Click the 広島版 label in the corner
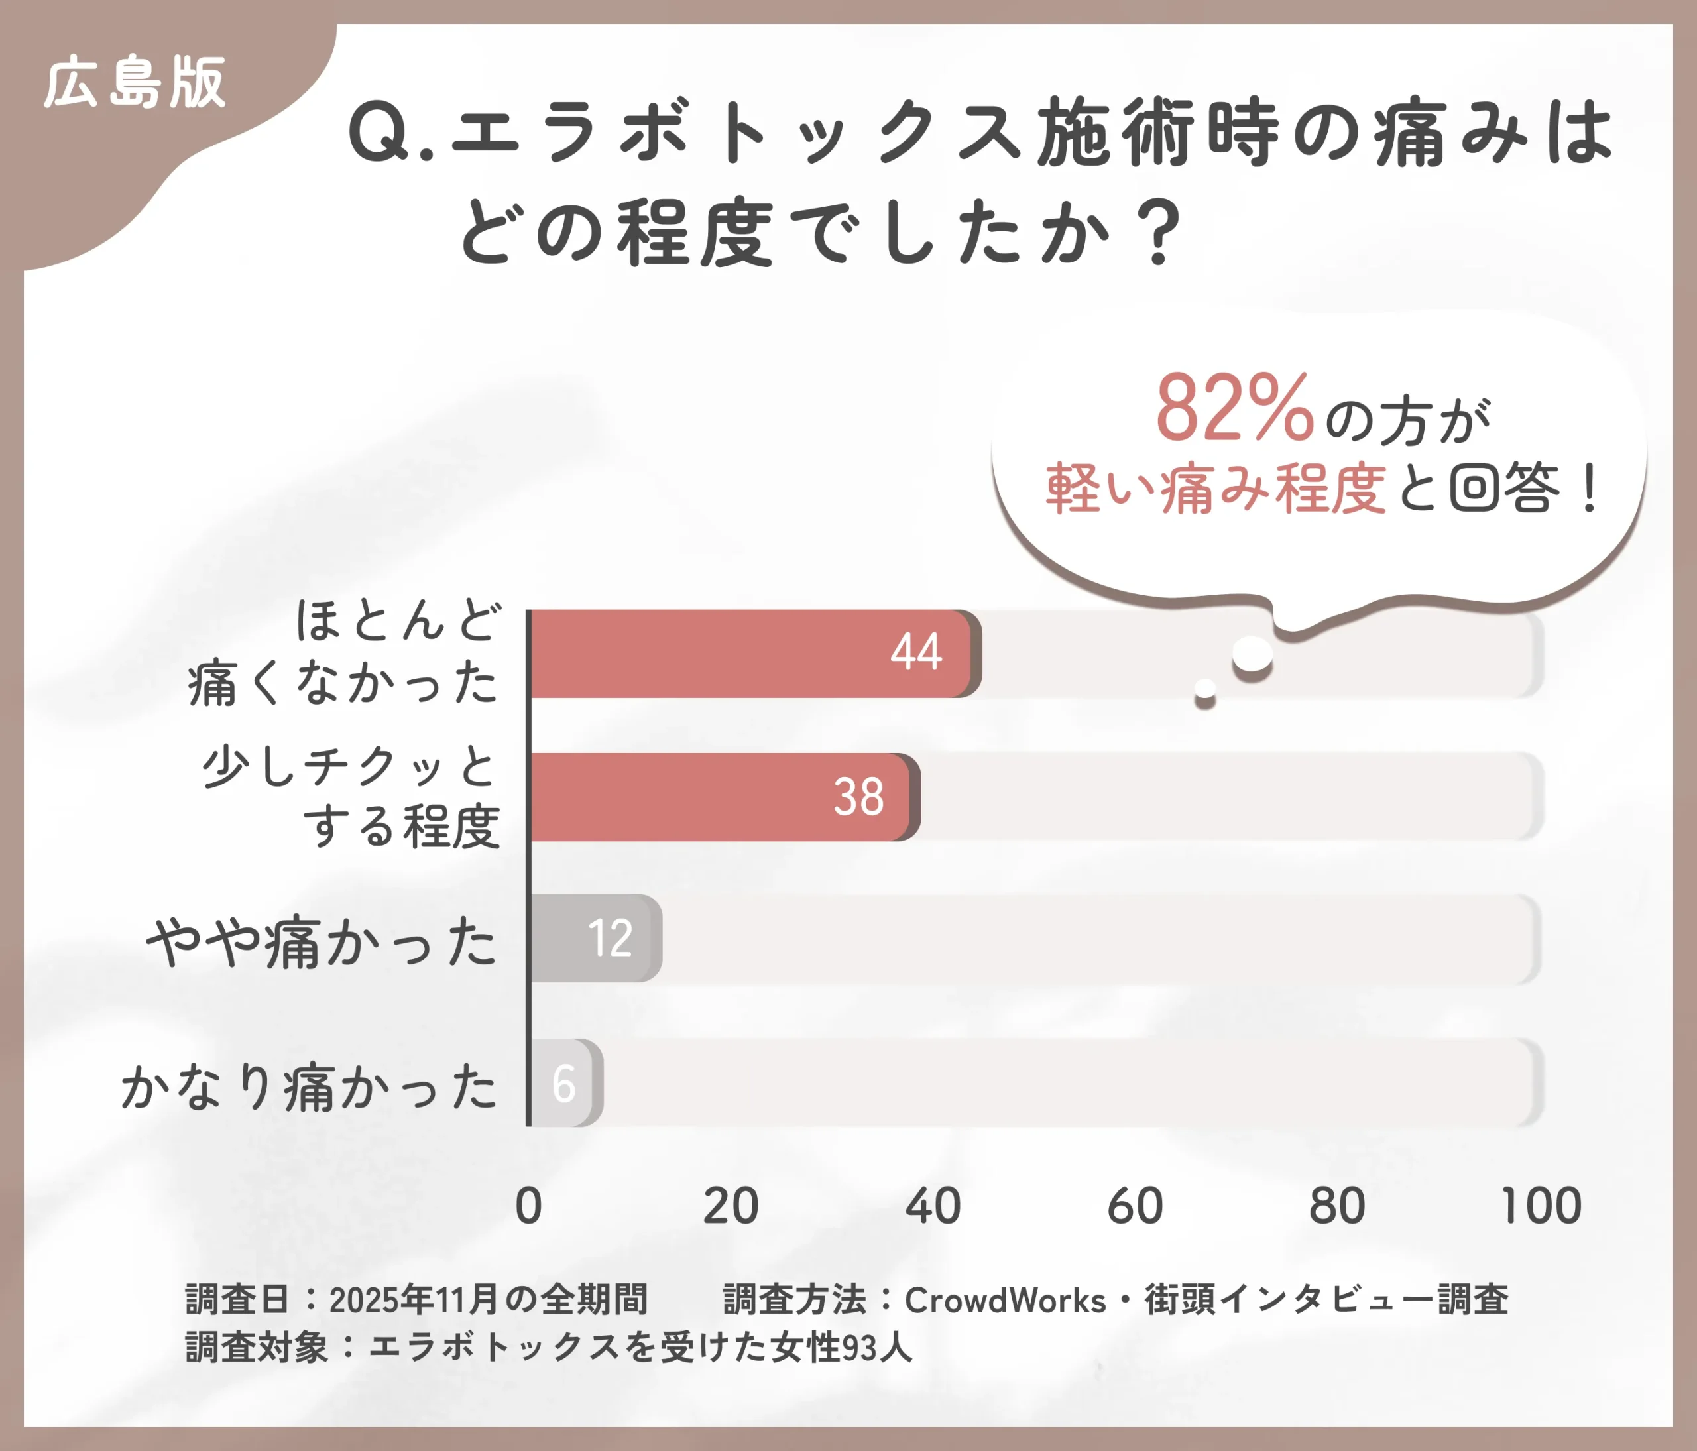click(x=135, y=83)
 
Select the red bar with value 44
click(x=737, y=654)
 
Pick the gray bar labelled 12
click(x=594, y=939)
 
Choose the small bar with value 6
click(x=565, y=1082)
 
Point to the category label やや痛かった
click(x=321, y=942)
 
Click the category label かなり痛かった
click(x=309, y=1086)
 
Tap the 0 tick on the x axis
click(x=528, y=1206)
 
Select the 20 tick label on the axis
click(x=731, y=1206)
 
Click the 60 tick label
click(x=1134, y=1206)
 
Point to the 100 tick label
click(x=1541, y=1206)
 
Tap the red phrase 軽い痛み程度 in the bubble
click(x=1216, y=489)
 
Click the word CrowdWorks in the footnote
click(x=1005, y=1301)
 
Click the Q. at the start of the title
click(x=390, y=133)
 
